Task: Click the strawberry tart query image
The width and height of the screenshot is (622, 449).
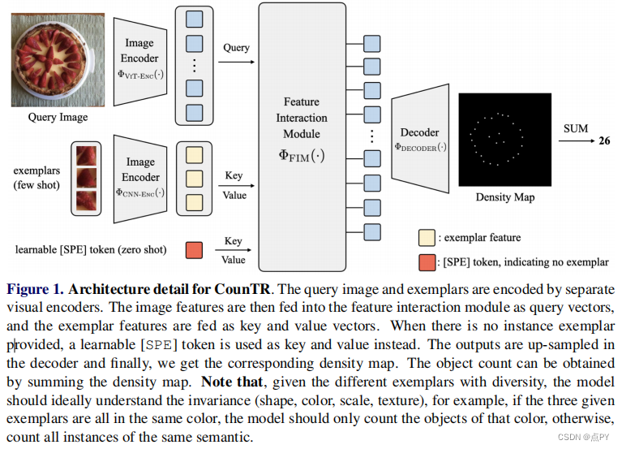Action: pyautogui.click(x=58, y=57)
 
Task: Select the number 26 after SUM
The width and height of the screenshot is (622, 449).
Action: pyautogui.click(x=604, y=140)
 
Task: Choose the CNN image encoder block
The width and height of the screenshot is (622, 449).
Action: pyautogui.click(x=140, y=178)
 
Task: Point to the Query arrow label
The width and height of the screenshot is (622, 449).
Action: pyautogui.click(x=236, y=47)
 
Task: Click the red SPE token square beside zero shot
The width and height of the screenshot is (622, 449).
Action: pyautogui.click(x=194, y=250)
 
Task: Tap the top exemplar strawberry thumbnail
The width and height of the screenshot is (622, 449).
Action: pyautogui.click(x=85, y=155)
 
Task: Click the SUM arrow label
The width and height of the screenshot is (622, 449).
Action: pyautogui.click(x=575, y=128)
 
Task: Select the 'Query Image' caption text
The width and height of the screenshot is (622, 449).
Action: pyautogui.click(x=58, y=117)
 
